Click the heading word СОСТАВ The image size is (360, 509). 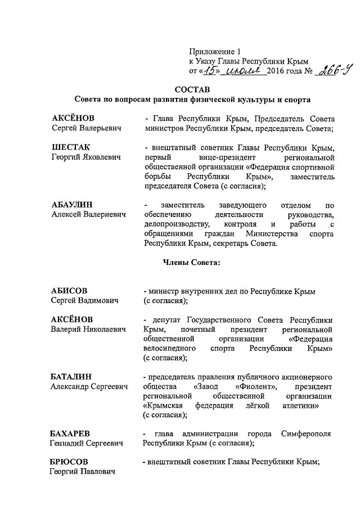click(192, 89)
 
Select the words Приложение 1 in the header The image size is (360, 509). click(211, 51)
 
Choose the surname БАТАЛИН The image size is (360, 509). click(71, 376)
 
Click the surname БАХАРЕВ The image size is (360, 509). click(70, 433)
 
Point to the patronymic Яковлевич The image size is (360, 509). click(100, 159)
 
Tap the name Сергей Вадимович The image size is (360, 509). click(85, 301)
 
